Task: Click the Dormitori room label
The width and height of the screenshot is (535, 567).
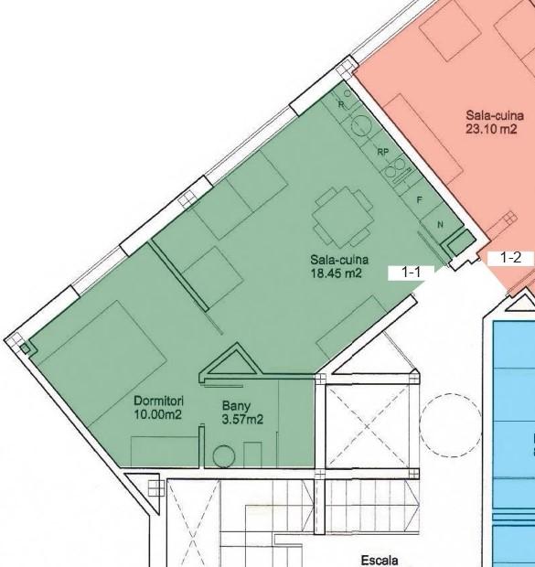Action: (x=158, y=401)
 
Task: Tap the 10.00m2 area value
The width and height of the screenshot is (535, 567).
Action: (x=157, y=414)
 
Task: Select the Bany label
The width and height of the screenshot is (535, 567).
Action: (x=236, y=406)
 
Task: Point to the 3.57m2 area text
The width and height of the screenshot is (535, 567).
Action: (x=242, y=420)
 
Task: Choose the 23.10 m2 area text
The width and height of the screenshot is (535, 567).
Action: (x=491, y=129)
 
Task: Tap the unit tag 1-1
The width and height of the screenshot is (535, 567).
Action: (x=412, y=273)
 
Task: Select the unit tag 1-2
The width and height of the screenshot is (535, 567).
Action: (x=510, y=258)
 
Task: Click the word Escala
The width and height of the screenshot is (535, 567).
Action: (x=380, y=561)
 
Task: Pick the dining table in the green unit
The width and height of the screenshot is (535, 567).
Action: (x=343, y=217)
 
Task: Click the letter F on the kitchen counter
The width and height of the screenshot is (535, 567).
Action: (x=420, y=199)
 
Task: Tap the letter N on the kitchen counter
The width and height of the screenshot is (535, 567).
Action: (x=440, y=225)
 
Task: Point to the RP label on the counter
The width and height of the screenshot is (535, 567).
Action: (x=382, y=152)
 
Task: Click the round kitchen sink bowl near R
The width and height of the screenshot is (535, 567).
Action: (x=362, y=125)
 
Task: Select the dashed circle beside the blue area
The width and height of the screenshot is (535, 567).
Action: (x=451, y=424)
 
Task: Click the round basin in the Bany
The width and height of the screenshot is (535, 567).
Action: (x=224, y=456)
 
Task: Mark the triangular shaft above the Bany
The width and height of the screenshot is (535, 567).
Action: (x=230, y=363)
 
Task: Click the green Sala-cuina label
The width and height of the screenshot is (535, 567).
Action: (x=339, y=260)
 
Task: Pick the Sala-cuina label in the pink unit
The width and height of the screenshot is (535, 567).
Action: (x=495, y=115)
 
